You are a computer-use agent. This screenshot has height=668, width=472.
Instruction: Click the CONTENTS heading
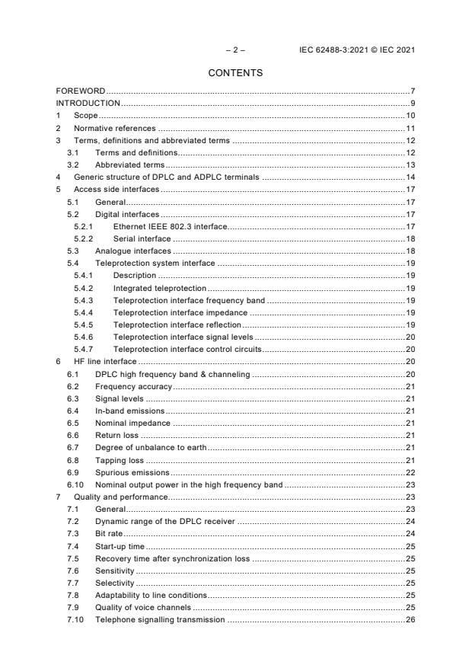(235, 73)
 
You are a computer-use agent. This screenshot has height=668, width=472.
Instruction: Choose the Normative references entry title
(114, 129)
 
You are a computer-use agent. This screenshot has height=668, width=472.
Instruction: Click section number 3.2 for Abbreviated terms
(72, 165)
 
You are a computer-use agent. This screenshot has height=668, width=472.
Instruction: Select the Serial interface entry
(142, 238)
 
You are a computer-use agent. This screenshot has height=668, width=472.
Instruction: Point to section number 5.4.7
(83, 348)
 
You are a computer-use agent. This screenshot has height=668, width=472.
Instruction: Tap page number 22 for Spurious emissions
(409, 473)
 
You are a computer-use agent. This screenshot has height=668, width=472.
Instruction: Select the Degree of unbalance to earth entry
(150, 447)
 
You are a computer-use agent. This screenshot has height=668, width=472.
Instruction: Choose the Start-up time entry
(120, 546)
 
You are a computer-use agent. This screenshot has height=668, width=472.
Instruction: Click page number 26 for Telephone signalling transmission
(409, 619)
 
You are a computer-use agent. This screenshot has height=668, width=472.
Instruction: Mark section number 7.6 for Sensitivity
(72, 571)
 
